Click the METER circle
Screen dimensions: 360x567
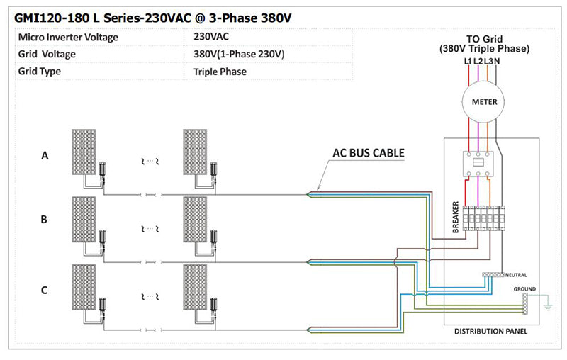[484, 101]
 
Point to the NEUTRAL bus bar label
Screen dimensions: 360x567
[517, 274]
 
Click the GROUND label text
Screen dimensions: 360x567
[524, 288]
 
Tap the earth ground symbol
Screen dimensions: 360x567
[546, 308]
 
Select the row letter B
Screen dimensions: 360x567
[44, 220]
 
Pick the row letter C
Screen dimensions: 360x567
[45, 289]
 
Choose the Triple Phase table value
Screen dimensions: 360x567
[219, 72]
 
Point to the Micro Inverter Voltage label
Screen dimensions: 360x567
[68, 37]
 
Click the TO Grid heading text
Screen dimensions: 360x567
[484, 38]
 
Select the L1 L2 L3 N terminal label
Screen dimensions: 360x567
[483, 61]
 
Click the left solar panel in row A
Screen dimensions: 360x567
[83, 153]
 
